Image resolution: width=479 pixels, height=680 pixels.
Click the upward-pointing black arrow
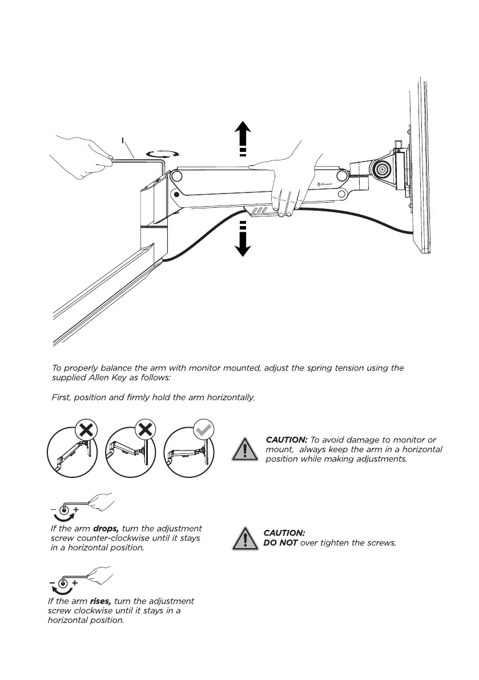(x=243, y=134)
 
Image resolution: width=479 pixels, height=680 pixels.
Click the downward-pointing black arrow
(x=243, y=243)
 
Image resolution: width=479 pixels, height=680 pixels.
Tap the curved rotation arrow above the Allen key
(x=163, y=152)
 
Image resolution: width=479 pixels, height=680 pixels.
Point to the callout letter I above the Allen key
(x=123, y=140)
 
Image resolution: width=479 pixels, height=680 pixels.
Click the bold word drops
(x=106, y=528)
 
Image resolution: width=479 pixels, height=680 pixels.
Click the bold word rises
(x=102, y=601)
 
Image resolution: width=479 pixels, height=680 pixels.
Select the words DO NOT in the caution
(x=280, y=542)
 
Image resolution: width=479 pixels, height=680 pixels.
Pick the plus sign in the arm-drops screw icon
(x=76, y=508)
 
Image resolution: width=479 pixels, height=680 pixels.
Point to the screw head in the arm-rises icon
(x=63, y=583)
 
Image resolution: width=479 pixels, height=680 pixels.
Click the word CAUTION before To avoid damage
(x=287, y=440)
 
